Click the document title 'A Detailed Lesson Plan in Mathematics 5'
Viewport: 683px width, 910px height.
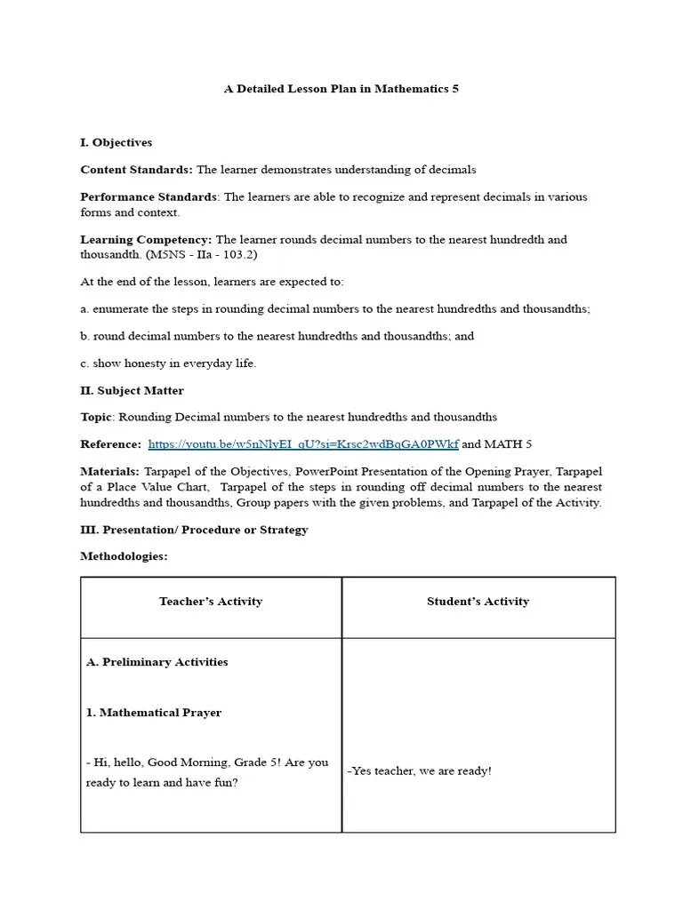(341, 89)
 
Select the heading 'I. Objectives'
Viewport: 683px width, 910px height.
(117, 142)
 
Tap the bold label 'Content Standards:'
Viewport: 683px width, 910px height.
(136, 170)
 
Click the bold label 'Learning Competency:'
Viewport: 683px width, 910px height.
(146, 240)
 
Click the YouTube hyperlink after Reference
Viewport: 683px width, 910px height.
(303, 444)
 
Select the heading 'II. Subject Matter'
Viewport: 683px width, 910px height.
(133, 390)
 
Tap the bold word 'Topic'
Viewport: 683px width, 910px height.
(97, 417)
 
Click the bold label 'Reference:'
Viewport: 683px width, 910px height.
(110, 444)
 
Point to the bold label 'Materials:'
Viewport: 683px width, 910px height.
(109, 471)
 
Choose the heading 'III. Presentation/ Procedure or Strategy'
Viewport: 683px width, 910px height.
(194, 530)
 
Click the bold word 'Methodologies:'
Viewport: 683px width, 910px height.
(124, 556)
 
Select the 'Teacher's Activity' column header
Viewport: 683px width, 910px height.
(211, 602)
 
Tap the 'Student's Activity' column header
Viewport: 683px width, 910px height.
(478, 602)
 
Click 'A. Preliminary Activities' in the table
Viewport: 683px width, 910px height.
(157, 662)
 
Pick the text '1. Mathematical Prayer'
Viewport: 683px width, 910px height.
(154, 713)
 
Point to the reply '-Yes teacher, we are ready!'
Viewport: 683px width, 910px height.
(419, 771)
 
